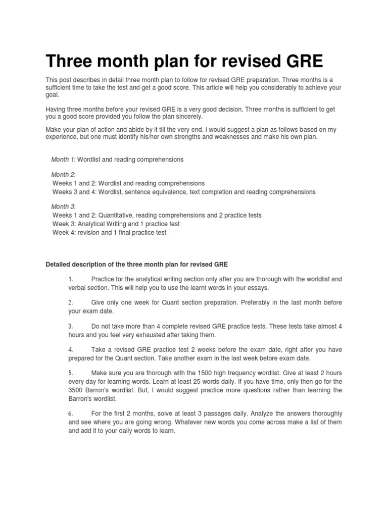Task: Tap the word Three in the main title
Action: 70,61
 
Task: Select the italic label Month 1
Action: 63,160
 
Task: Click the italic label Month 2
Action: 63,175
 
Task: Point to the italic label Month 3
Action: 63,207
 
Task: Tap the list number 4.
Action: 71,349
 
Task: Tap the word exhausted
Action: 149,335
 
